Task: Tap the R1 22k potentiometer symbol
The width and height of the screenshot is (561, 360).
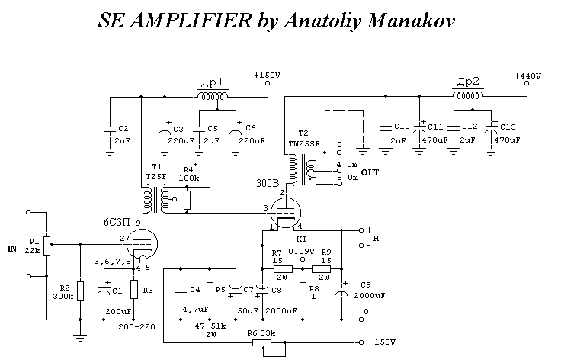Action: (x=47, y=246)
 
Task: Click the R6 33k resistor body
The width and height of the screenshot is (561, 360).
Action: (x=263, y=342)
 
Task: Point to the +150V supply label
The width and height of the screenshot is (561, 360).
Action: (x=267, y=76)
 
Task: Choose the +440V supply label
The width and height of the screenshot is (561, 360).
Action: (x=527, y=76)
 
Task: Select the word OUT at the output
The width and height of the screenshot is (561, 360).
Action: (x=370, y=172)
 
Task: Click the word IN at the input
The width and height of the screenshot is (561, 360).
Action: (x=11, y=249)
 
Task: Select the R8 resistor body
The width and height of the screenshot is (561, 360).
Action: (x=303, y=291)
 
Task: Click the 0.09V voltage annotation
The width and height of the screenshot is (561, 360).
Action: (x=301, y=251)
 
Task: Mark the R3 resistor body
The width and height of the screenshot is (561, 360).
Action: (x=134, y=291)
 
